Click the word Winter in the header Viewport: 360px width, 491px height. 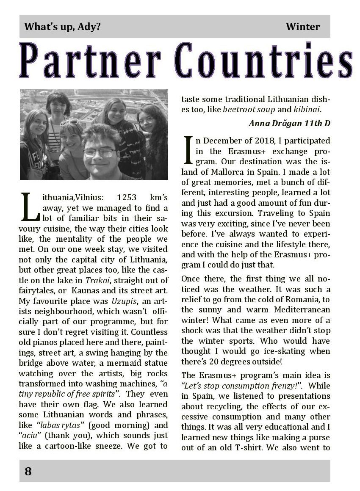(x=302, y=27)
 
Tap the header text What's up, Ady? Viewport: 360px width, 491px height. (x=63, y=27)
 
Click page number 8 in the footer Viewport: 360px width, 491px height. (x=28, y=471)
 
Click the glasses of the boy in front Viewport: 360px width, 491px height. (x=99, y=153)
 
